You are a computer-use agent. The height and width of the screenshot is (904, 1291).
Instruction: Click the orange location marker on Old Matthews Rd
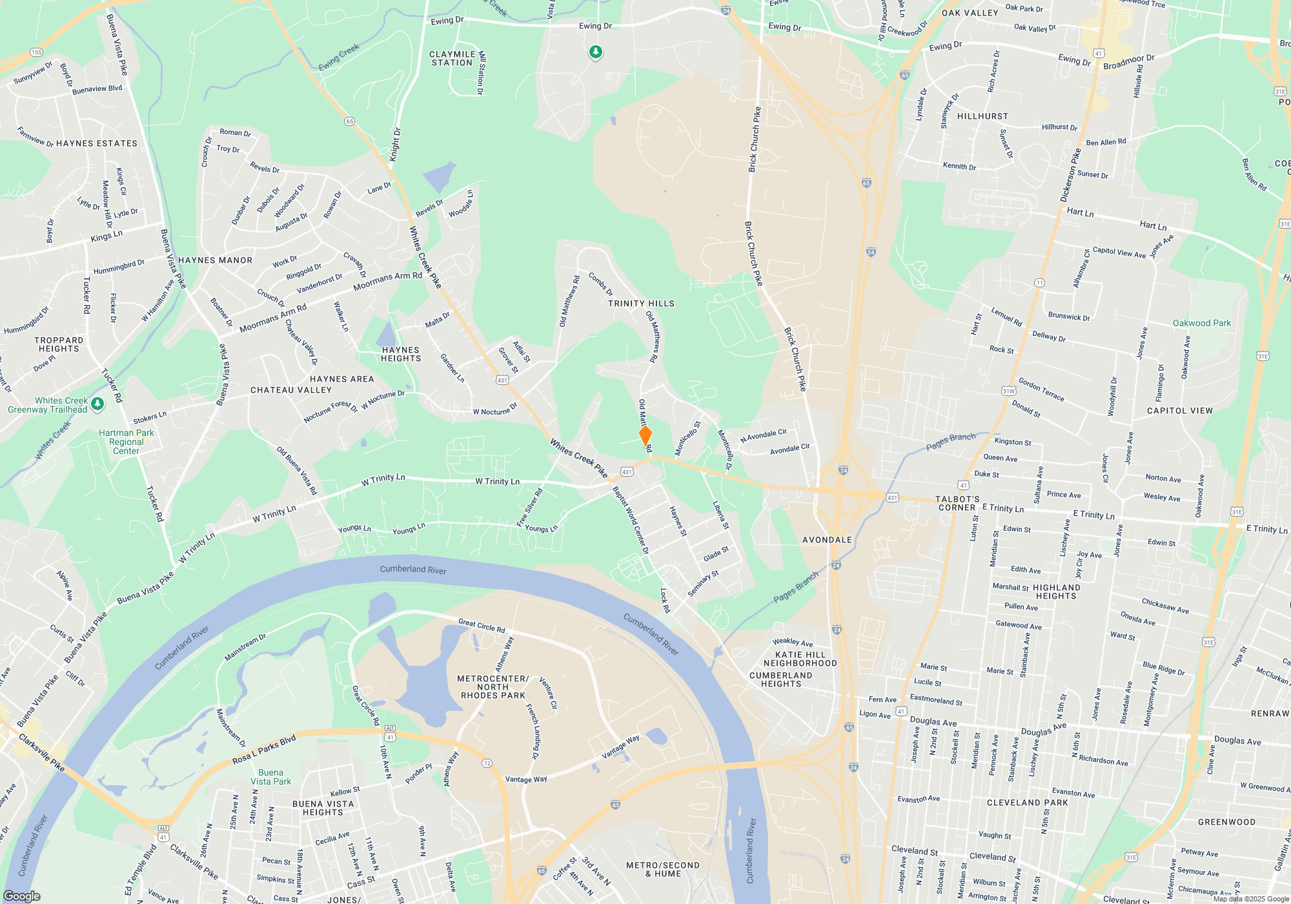click(645, 436)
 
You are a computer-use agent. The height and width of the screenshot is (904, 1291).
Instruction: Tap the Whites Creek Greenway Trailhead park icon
click(97, 404)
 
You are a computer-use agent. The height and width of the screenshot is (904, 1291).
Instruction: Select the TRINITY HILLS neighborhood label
click(641, 303)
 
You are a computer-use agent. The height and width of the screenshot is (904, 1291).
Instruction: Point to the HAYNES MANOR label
click(215, 260)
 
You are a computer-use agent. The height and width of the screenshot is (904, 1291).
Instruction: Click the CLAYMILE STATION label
click(452, 59)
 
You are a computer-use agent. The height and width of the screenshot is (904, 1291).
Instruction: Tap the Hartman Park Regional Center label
click(126, 442)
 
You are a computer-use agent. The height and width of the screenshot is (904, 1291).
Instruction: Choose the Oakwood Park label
click(1201, 323)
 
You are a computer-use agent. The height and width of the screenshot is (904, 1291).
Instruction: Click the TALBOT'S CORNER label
click(958, 503)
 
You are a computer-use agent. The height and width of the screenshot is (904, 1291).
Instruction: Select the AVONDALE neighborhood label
click(827, 540)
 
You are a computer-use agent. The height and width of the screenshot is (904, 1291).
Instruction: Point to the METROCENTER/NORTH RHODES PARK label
click(493, 687)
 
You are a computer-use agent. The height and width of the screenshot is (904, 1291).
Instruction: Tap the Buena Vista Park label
click(271, 777)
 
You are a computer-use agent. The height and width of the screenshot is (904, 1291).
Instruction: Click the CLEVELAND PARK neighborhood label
click(1027, 803)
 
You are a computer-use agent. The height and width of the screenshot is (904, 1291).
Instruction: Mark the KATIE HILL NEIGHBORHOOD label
click(800, 659)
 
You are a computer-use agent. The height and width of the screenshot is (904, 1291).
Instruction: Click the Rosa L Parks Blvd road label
click(264, 749)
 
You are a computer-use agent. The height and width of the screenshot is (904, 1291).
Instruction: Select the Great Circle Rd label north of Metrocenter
click(482, 626)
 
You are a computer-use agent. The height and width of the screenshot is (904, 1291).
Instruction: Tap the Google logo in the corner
click(22, 896)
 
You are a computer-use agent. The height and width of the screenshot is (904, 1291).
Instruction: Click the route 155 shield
click(36, 52)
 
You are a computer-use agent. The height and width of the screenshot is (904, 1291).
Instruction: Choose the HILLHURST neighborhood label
click(982, 116)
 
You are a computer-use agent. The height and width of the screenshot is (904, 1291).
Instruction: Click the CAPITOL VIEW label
click(1179, 411)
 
